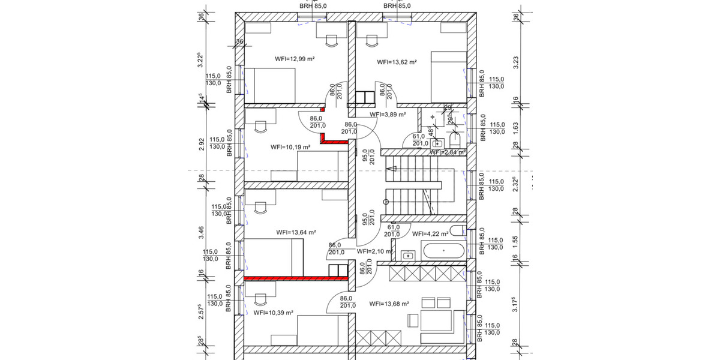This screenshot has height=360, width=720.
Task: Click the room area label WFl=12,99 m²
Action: [x=295, y=59]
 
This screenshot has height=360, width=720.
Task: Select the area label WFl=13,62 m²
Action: [x=397, y=62]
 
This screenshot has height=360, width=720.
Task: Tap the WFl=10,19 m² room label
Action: [x=290, y=146]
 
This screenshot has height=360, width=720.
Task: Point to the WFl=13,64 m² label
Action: [x=296, y=232]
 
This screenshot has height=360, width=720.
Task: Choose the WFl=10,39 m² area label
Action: [x=273, y=313]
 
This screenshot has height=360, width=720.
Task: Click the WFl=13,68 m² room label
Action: [x=389, y=304]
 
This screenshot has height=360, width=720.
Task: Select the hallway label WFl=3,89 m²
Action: [x=388, y=114]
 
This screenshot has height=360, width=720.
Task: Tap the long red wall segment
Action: [x=296, y=278]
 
